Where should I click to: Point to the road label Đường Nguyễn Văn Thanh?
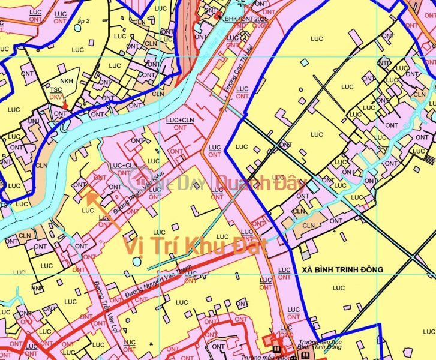click(159, 284)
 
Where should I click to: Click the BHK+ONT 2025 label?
click(246, 19)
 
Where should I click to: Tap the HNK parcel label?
click(38, 288)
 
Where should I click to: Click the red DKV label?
click(56, 96)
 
